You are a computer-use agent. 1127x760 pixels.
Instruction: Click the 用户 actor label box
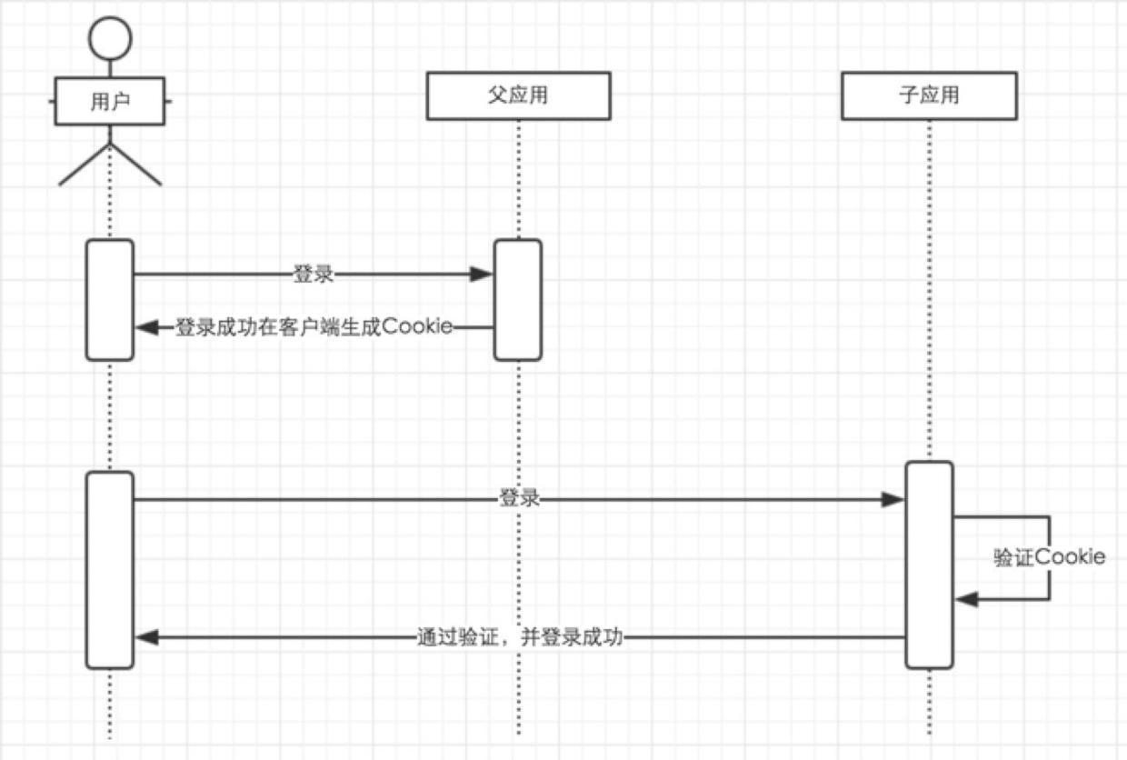pyautogui.click(x=110, y=101)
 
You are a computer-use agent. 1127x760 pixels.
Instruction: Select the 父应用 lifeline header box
pyautogui.click(x=518, y=95)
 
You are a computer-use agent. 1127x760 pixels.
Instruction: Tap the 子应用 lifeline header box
pyautogui.click(x=929, y=95)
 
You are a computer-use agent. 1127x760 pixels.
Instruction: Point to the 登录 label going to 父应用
pyautogui.click(x=313, y=274)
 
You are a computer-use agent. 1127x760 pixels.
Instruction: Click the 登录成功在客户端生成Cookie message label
pyautogui.click(x=314, y=327)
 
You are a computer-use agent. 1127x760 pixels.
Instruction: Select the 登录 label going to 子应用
pyautogui.click(x=519, y=498)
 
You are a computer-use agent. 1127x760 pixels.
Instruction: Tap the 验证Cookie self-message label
pyautogui.click(x=1049, y=557)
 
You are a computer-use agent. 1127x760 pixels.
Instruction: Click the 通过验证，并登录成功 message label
pyautogui.click(x=519, y=637)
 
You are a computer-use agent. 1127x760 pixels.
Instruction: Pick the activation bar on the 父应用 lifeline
pyautogui.click(x=518, y=299)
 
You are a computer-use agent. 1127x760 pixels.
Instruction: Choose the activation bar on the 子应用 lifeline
pyautogui.click(x=929, y=565)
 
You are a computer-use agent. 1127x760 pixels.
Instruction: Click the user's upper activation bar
pyautogui.click(x=110, y=299)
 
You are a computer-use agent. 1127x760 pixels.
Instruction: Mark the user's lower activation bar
pyautogui.click(x=110, y=569)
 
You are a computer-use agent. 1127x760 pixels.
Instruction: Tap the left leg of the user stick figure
pyautogui.click(x=83, y=165)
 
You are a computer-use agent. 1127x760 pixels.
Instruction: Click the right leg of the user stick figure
pyautogui.click(x=136, y=165)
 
